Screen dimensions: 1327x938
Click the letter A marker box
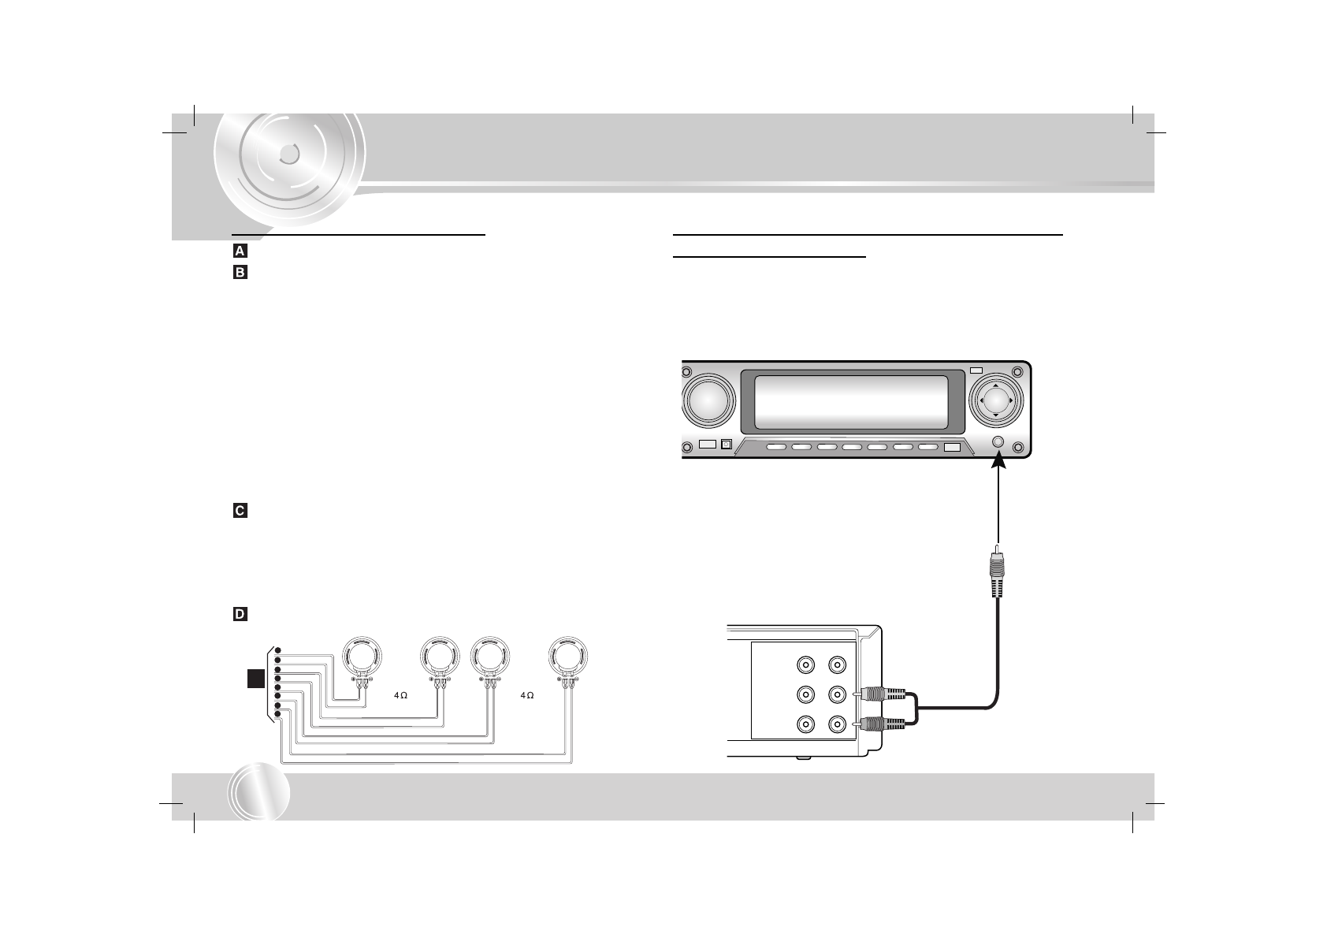tap(240, 252)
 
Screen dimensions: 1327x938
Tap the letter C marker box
tap(240, 512)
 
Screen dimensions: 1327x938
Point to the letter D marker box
tap(240, 614)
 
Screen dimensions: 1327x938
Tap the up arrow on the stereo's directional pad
tap(996, 386)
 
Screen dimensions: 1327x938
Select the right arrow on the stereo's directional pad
tap(1010, 400)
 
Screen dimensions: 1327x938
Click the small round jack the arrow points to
tap(998, 443)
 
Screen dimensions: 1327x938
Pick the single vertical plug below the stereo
tap(998, 575)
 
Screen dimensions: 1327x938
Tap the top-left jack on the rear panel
tap(805, 666)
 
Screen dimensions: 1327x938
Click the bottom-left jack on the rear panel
tap(805, 723)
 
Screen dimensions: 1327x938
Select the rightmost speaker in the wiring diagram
tap(569, 657)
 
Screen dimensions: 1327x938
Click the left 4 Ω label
tap(400, 696)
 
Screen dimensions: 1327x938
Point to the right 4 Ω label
tap(526, 696)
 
